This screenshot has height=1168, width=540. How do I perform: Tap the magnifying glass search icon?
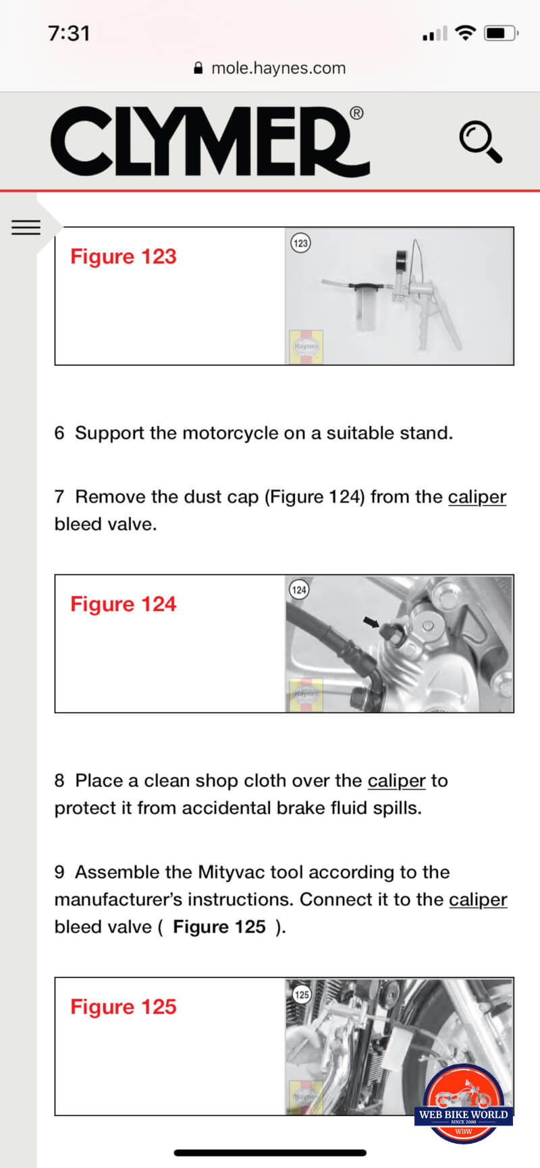pyautogui.click(x=481, y=142)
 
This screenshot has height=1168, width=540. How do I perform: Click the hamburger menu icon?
pyautogui.click(x=26, y=227)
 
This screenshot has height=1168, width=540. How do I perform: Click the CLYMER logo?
pyautogui.click(x=209, y=141)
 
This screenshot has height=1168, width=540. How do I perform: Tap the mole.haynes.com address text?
pyautogui.click(x=278, y=68)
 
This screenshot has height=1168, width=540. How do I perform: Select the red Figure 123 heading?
pyautogui.click(x=124, y=256)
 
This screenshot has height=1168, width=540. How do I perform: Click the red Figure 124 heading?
pyautogui.click(x=124, y=604)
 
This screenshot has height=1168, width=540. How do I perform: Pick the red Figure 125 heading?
pyautogui.click(x=124, y=1006)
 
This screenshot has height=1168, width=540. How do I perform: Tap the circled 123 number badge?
pyautogui.click(x=300, y=243)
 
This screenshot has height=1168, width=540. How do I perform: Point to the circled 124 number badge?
pyautogui.click(x=299, y=590)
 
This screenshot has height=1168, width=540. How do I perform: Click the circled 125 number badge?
pyautogui.click(x=302, y=994)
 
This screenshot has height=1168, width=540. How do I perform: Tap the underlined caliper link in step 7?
pyautogui.click(x=477, y=497)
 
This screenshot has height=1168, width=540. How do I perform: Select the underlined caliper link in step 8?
pyautogui.click(x=397, y=781)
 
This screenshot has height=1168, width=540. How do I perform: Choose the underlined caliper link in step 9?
pyautogui.click(x=478, y=900)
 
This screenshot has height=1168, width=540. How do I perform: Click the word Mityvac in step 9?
pyautogui.click(x=227, y=872)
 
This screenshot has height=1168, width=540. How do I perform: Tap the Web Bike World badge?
pyautogui.click(x=464, y=1104)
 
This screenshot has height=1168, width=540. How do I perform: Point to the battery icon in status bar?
pyautogui.click(x=502, y=33)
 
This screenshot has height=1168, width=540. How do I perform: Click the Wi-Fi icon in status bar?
pyautogui.click(x=465, y=32)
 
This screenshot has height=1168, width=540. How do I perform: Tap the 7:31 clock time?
pyautogui.click(x=69, y=33)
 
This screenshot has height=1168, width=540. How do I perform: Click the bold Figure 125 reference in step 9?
pyautogui.click(x=219, y=927)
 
